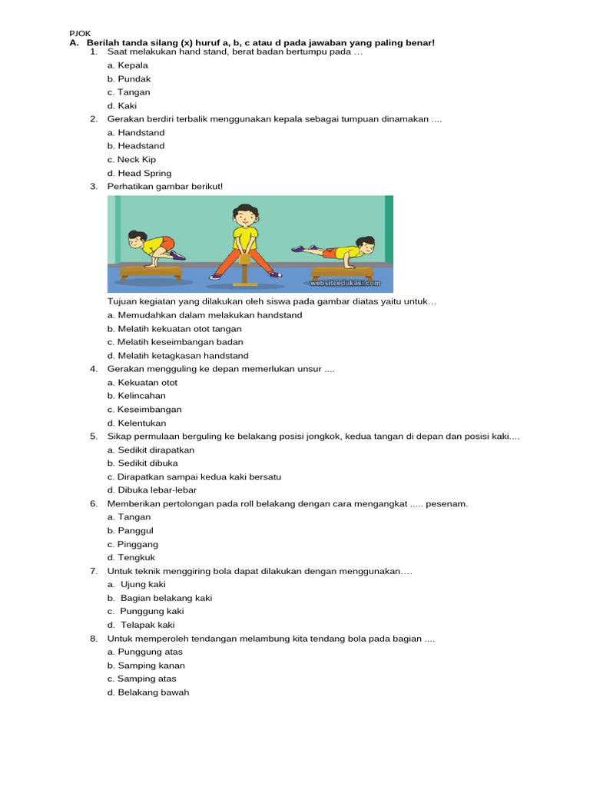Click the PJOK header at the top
pyautogui.click(x=80, y=33)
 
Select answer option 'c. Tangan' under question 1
pyautogui.click(x=129, y=92)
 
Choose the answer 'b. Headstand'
pyautogui.click(x=136, y=146)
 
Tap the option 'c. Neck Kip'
pyautogui.click(x=131, y=160)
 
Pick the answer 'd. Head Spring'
pyautogui.click(x=140, y=174)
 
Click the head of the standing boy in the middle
pyautogui.click(x=244, y=216)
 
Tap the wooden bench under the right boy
pyautogui.click(x=341, y=273)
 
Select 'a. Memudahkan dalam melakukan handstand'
pyautogui.click(x=205, y=315)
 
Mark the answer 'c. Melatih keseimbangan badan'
pyautogui.click(x=175, y=342)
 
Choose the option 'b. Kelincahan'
pyautogui.click(x=137, y=396)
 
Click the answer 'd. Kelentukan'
pyautogui.click(x=137, y=423)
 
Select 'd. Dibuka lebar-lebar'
pyautogui.click(x=152, y=490)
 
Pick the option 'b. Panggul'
pyautogui.click(x=129, y=531)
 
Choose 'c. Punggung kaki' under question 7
pyautogui.click(x=146, y=612)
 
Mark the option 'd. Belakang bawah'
pyautogui.click(x=148, y=692)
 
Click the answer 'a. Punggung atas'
pyautogui.click(x=145, y=652)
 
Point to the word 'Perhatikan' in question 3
pyautogui.click(x=129, y=187)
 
